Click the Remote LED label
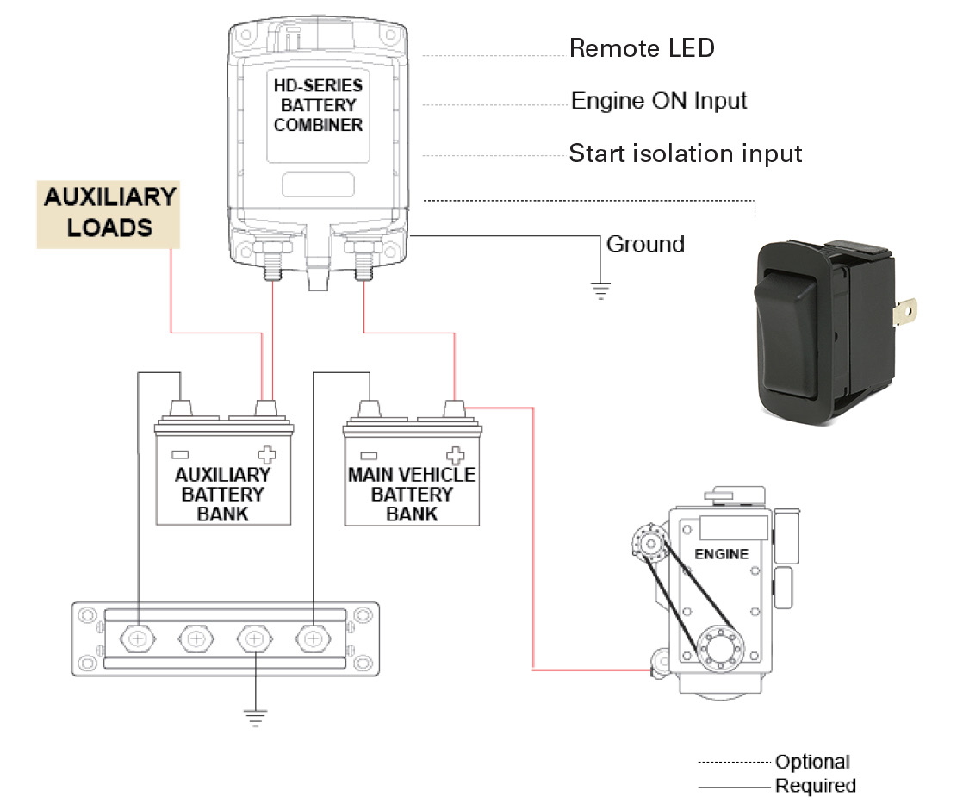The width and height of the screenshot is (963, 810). [x=642, y=48]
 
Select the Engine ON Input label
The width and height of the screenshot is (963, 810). [x=659, y=101]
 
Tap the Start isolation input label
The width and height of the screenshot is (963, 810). [x=686, y=154]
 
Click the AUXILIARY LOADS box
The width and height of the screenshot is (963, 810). [x=109, y=212]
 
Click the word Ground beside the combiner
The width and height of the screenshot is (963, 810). [x=645, y=244]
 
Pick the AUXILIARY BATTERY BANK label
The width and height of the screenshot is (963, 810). [x=223, y=494]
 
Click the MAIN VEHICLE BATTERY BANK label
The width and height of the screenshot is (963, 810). [x=412, y=494]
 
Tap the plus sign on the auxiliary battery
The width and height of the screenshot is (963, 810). [x=267, y=454]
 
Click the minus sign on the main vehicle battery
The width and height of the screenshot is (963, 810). [x=369, y=454]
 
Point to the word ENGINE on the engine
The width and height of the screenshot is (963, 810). [x=721, y=554]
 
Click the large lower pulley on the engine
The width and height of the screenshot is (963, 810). [x=714, y=646]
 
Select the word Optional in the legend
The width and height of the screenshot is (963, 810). [x=811, y=762]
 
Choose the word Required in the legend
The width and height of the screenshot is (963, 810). [x=815, y=786]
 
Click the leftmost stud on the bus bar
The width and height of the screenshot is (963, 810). [x=139, y=639]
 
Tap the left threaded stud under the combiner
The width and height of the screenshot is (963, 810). [x=272, y=260]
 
